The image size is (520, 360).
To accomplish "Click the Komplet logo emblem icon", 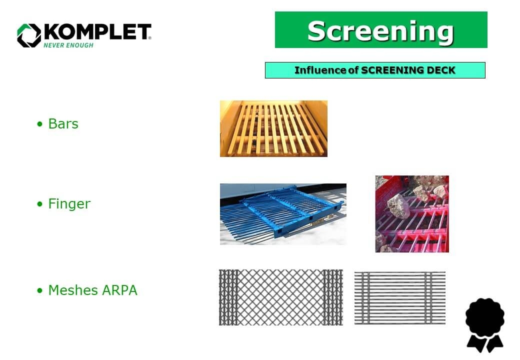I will point(28,35).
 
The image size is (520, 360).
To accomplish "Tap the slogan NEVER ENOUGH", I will point(68,45).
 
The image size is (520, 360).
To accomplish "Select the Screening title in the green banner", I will point(380,30).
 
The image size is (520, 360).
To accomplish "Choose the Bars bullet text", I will point(63,124).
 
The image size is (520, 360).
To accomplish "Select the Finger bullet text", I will point(69,204).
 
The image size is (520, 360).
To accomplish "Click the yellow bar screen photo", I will point(273,128).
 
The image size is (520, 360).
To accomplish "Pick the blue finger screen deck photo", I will point(283,214).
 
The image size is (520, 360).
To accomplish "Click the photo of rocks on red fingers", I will point(412,213).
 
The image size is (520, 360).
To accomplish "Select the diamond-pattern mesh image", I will point(280,297).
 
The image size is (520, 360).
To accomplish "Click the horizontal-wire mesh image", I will point(399,297).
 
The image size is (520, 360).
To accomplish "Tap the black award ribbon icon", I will point(484,325).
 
